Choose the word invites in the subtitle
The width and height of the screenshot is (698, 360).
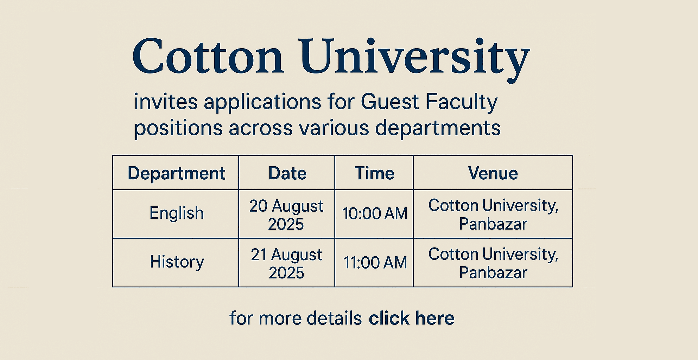[166, 102]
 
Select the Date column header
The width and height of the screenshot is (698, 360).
[287, 173]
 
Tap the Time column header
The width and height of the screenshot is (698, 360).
[374, 173]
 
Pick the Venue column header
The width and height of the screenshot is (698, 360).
[493, 173]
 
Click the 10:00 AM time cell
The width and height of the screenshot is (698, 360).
[375, 214]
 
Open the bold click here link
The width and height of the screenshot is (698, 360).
[412, 318]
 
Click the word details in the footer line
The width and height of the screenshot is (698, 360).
[334, 318]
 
